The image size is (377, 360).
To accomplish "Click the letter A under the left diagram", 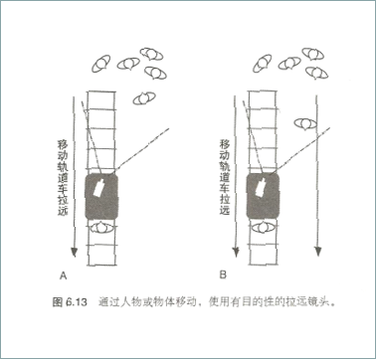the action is point(63,275).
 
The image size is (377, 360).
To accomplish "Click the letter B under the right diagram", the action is point(223,274).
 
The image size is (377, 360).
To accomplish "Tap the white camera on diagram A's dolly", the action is point(99,188).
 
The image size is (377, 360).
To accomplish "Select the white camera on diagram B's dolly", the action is point(261,186).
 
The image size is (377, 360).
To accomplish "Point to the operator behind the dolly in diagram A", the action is point(102,228).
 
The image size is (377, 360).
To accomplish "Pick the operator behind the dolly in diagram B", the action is point(264,228).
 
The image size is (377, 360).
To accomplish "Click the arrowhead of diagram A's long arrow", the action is point(75,253).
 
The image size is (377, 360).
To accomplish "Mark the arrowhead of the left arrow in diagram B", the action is point(236,253).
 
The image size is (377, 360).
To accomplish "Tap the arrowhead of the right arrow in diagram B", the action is point(318,252).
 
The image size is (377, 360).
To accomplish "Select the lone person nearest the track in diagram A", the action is point(144,98).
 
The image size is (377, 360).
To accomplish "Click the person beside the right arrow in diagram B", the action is point(305,123).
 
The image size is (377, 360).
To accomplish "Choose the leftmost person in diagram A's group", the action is point(101,64).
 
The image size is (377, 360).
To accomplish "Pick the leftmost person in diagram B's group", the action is point(263,63).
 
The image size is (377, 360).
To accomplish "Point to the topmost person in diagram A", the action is point(151,54).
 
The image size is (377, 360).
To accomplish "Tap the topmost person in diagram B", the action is point(312,54).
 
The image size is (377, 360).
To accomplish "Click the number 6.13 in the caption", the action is point(77,302).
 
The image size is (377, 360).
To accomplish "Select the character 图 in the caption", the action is point(57,302).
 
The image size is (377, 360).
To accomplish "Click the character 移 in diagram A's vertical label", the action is point(63,145).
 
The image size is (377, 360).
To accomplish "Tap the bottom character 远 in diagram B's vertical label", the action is point(225,210).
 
